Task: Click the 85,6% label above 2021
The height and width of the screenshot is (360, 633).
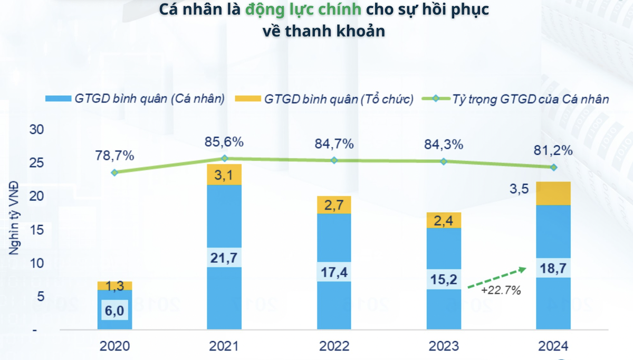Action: (x=224, y=142)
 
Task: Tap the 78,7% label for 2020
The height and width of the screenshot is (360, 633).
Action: (x=114, y=156)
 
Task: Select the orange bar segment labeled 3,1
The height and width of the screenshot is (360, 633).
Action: (x=224, y=174)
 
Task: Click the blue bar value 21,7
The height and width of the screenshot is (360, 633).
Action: (x=224, y=258)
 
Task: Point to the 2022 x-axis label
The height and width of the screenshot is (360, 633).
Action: (x=334, y=346)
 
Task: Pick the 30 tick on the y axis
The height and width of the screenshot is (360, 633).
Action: (x=37, y=129)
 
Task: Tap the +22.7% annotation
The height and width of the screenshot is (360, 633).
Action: (x=501, y=290)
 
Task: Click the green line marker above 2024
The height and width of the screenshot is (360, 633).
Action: (x=553, y=167)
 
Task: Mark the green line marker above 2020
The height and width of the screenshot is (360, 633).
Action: (x=114, y=172)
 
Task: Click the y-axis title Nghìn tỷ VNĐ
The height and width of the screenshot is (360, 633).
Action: (x=14, y=218)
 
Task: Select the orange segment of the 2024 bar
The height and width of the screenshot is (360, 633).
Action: (x=553, y=193)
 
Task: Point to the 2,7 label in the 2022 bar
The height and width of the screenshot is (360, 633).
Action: (x=334, y=205)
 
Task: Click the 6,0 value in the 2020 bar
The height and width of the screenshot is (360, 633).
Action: (x=114, y=311)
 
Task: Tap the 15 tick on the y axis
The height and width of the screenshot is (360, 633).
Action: (x=37, y=230)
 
